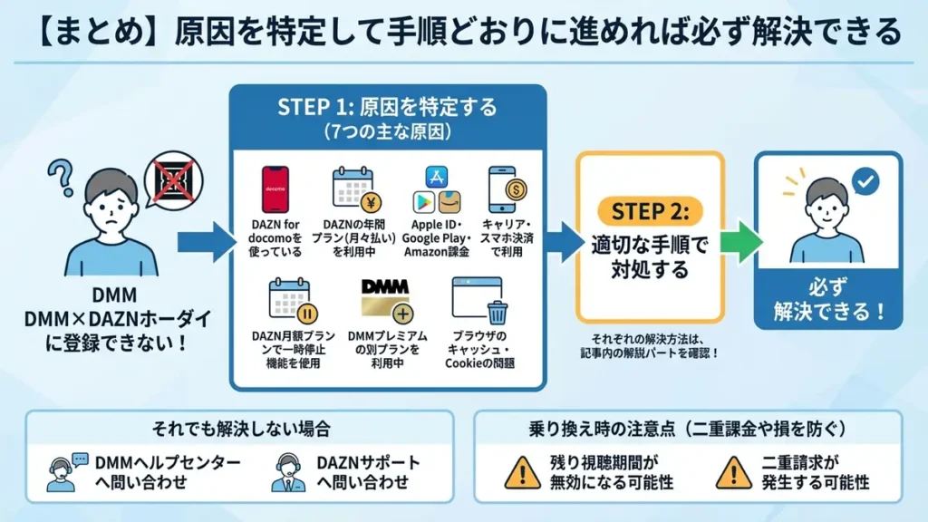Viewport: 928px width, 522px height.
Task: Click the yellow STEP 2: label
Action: click(650, 211)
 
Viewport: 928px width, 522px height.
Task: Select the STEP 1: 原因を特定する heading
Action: click(387, 108)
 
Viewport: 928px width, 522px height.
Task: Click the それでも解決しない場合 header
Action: click(240, 426)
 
